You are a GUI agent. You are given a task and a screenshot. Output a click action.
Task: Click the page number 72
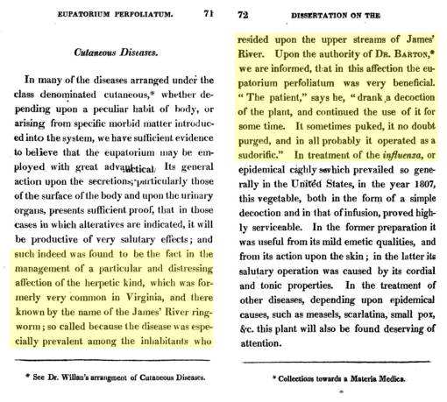pos(249,16)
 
